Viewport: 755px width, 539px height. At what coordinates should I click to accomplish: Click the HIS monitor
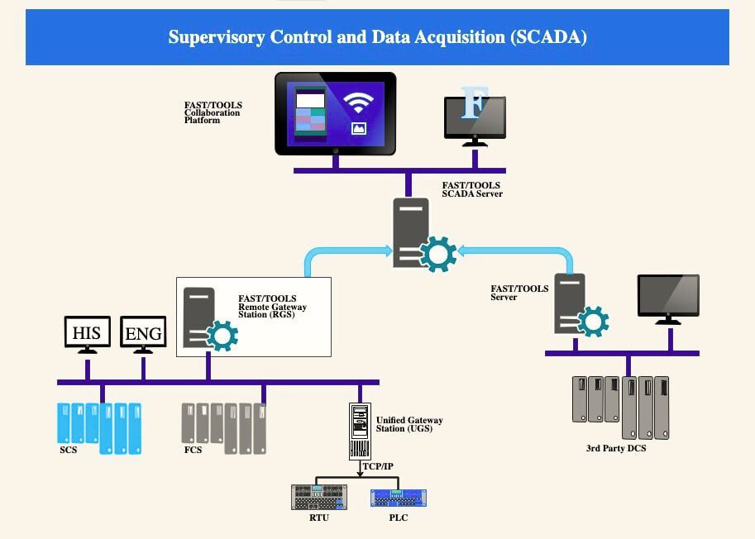[x=87, y=332]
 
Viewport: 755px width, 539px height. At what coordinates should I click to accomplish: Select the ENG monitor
[x=143, y=333]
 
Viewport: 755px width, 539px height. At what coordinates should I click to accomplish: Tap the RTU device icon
[x=319, y=497]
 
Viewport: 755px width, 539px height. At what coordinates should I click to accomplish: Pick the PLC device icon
[x=398, y=498]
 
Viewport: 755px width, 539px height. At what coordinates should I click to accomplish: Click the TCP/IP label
[x=378, y=466]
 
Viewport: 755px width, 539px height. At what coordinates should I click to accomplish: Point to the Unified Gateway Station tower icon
[x=360, y=431]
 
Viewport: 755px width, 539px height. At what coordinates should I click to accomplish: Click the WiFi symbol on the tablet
[x=358, y=103]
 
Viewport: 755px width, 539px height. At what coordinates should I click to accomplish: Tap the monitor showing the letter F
[x=475, y=117]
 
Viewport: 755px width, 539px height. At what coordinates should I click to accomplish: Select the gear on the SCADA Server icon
[x=438, y=254]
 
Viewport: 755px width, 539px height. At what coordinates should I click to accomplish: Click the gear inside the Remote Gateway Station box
[x=221, y=335]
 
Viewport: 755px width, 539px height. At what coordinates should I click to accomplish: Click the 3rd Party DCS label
[x=616, y=449]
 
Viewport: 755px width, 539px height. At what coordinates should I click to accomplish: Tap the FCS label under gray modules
[x=193, y=451]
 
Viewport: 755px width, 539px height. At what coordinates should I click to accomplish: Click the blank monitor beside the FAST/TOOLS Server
[x=667, y=296]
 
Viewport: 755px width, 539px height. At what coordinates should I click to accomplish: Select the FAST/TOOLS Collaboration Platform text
[x=213, y=112]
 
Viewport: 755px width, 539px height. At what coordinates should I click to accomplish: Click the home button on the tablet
[x=335, y=151]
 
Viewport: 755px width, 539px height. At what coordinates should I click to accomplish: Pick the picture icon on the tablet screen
[x=358, y=128]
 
